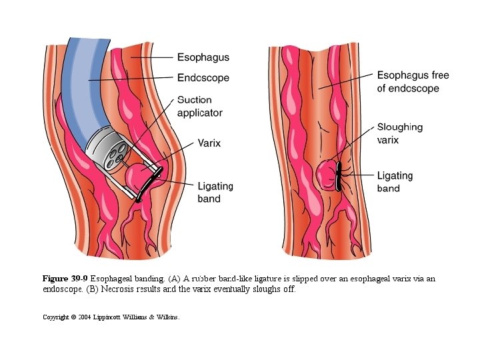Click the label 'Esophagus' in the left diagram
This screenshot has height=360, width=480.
pos(203,57)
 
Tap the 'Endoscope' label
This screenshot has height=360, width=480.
pos(203,78)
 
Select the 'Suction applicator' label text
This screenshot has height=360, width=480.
pos(199,107)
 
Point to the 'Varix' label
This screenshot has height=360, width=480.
pos(209,142)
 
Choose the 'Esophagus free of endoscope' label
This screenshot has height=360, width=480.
pos(413,81)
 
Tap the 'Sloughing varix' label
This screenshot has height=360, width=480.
pos(399,133)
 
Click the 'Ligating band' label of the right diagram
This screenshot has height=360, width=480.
pos(395,182)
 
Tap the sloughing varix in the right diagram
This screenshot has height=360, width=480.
pos(326,175)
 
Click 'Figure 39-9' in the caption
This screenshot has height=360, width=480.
pos(65,279)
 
